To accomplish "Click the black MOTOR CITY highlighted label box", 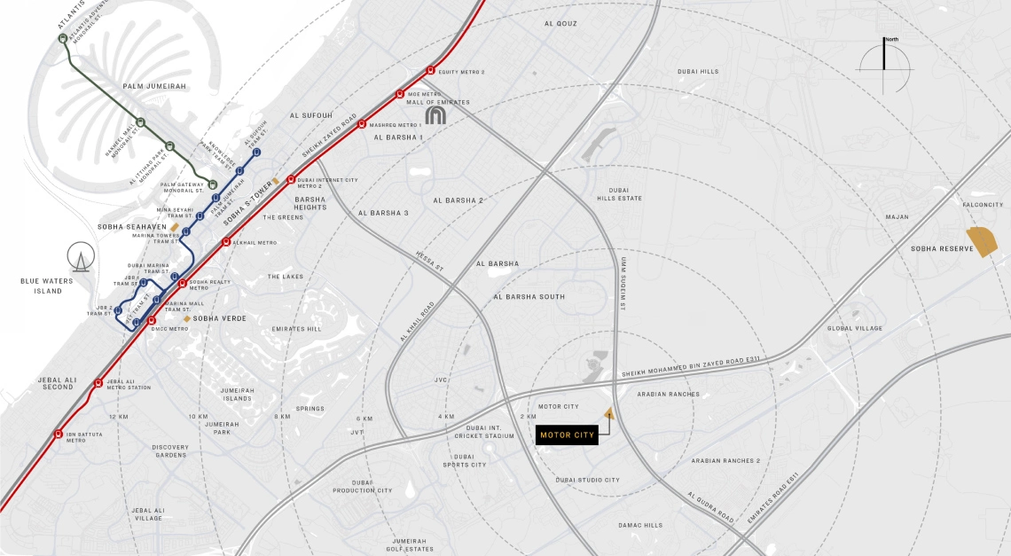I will [568, 435].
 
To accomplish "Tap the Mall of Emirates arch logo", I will [435, 115].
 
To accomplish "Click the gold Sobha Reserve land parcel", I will [983, 240].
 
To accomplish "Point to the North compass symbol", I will [884, 65].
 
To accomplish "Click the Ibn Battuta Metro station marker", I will [59, 435].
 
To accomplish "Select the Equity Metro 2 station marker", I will [430, 71].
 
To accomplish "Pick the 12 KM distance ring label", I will [119, 417].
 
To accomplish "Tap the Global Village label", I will [856, 329].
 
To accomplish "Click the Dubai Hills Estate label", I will [625, 194].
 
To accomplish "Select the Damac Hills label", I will [640, 525].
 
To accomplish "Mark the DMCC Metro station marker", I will [152, 320].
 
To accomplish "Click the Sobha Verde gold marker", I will [187, 318].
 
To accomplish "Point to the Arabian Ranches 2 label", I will [726, 461].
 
